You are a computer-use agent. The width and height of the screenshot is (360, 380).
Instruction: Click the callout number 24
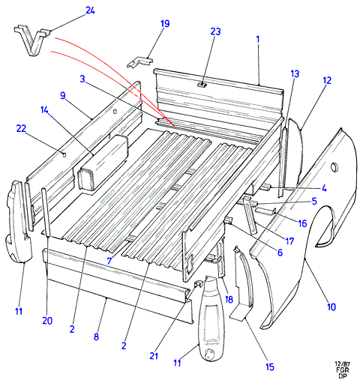coord(90,10)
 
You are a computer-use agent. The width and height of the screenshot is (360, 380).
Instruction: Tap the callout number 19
coord(165,24)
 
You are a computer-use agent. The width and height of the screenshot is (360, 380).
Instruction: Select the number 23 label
coord(215,31)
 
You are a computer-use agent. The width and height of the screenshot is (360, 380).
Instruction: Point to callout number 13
coord(295,73)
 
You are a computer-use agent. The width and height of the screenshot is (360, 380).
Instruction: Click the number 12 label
coord(327,80)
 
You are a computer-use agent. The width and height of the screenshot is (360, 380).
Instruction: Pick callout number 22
coord(21,129)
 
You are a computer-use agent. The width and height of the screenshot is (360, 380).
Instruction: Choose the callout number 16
coord(302,223)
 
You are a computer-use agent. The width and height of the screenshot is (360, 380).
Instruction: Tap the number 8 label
coord(97,337)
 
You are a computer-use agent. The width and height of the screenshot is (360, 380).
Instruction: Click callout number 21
coord(154,356)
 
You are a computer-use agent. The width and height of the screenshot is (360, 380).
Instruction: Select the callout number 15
coord(270,367)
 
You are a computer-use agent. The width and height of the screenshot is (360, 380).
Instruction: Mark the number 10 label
coord(331,307)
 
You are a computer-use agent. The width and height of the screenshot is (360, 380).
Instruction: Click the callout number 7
coord(109,261)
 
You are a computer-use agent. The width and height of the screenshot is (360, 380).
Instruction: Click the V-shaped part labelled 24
coord(31,40)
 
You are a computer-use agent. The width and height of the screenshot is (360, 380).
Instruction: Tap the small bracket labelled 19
coord(139,62)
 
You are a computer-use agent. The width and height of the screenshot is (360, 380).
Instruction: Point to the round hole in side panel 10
coord(334,167)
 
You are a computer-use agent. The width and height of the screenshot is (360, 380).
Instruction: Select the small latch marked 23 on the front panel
coord(202,85)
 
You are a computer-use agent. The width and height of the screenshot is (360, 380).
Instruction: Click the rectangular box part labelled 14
coord(103,163)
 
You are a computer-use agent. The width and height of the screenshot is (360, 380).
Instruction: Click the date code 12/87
coord(342,364)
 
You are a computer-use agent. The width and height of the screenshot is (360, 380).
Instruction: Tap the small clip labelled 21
coord(199,283)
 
